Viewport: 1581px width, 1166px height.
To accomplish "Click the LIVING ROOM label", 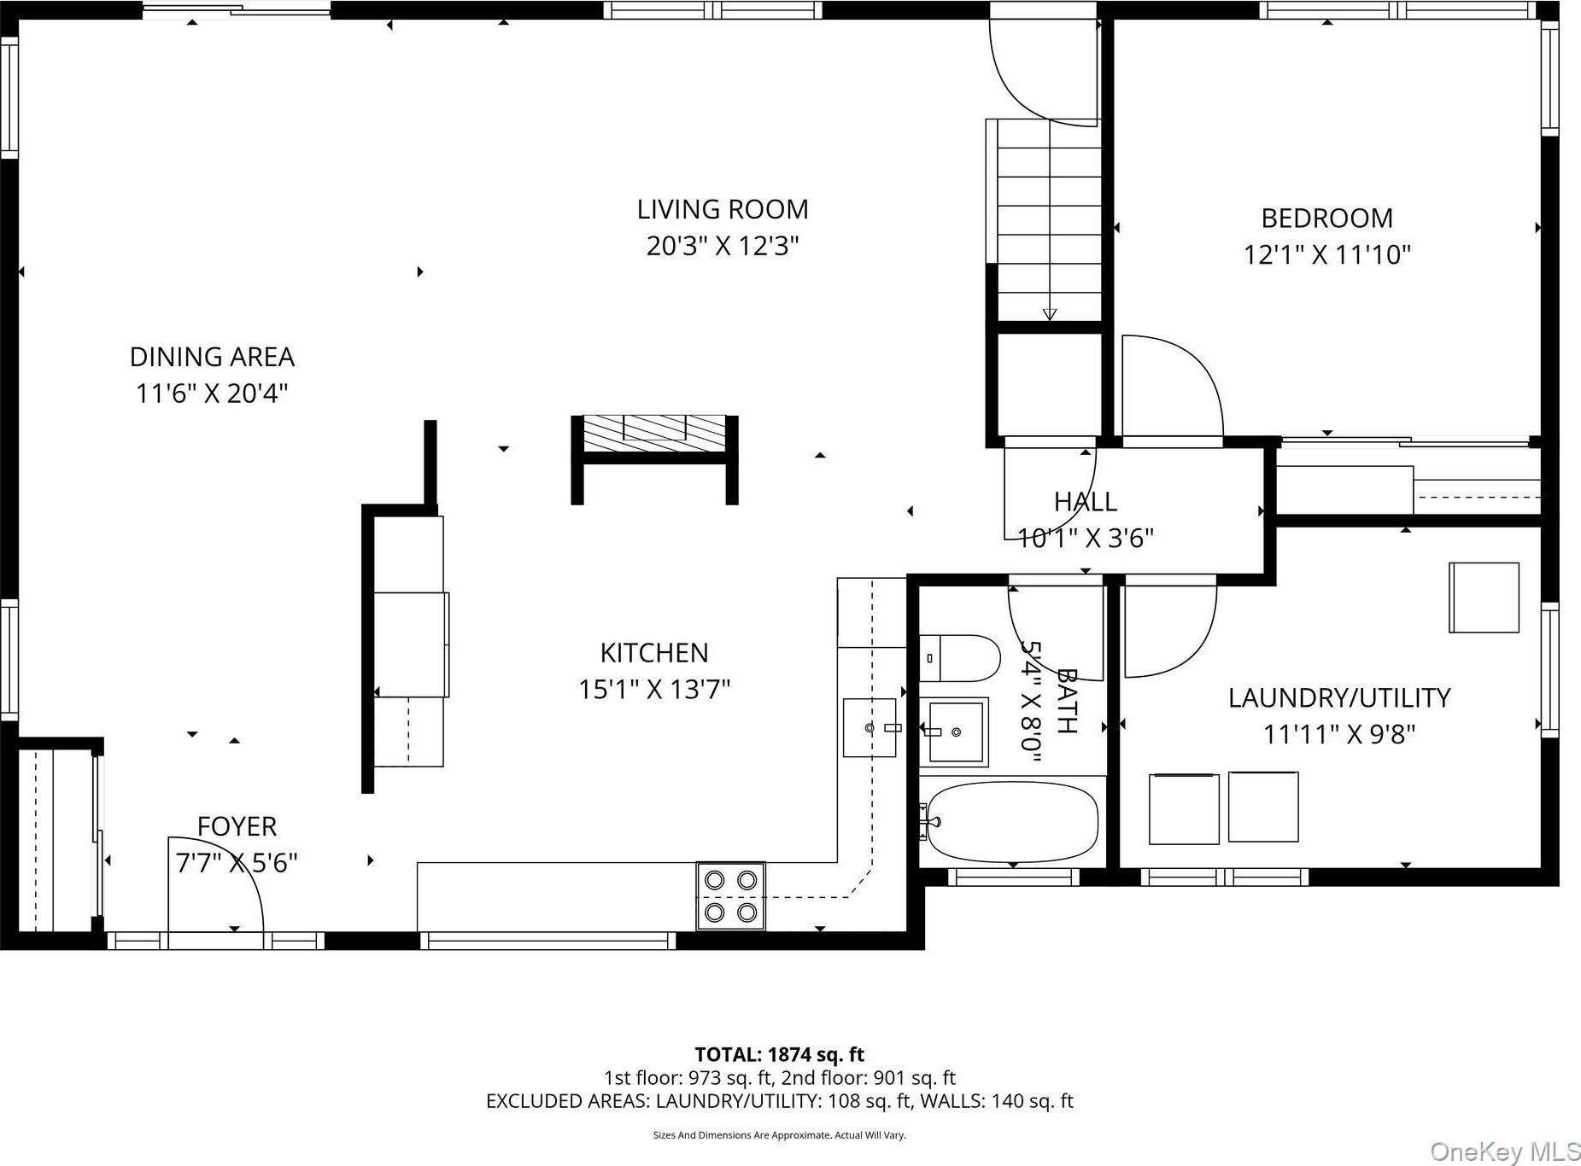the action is click(723, 209).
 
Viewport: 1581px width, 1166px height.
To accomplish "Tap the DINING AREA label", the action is click(212, 357).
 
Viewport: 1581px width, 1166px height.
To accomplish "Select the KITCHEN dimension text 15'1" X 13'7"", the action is click(654, 689).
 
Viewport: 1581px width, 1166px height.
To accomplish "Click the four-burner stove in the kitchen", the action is click(731, 896).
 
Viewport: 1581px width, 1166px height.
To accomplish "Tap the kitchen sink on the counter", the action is click(870, 727).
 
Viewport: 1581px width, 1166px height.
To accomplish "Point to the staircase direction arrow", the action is click(1049, 313).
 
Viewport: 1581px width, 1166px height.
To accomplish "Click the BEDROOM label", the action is click(1326, 219).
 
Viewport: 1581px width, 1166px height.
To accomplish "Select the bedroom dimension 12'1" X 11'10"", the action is click(1326, 254).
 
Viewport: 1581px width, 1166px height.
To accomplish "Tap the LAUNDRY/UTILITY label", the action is click(1338, 698).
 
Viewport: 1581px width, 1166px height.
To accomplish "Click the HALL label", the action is click(1085, 501).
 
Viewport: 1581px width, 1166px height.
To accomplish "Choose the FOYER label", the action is click(237, 826).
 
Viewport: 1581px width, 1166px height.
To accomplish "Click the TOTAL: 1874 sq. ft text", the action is click(779, 1055).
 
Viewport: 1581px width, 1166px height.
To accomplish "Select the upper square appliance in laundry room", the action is click(1484, 597).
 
